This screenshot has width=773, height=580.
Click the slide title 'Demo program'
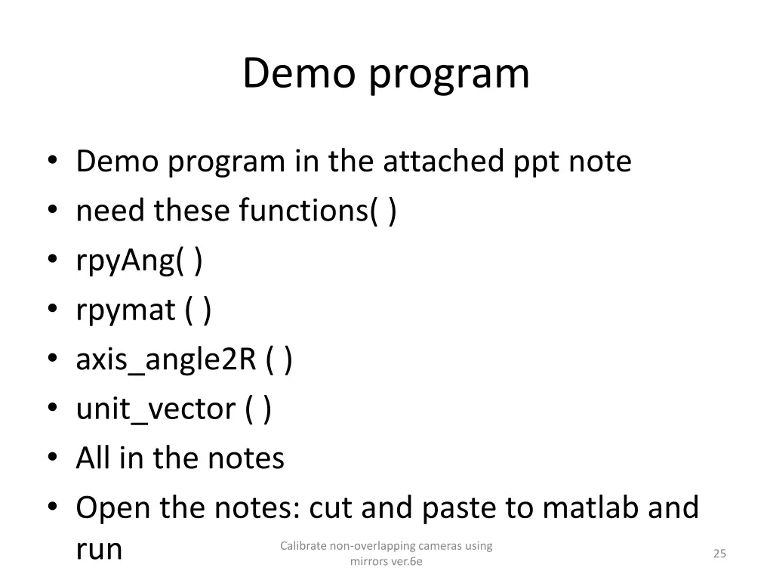(x=386, y=74)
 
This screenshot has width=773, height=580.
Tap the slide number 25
(x=719, y=554)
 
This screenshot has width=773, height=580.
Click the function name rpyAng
(x=125, y=262)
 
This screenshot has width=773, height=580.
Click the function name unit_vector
(x=156, y=409)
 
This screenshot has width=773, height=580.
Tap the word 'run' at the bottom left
(x=99, y=550)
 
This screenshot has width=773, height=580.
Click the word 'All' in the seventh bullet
(x=93, y=458)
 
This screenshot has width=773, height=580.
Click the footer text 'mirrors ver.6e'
(x=386, y=561)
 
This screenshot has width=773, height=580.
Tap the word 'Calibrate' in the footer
(x=303, y=545)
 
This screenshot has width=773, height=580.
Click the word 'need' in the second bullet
(x=111, y=211)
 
